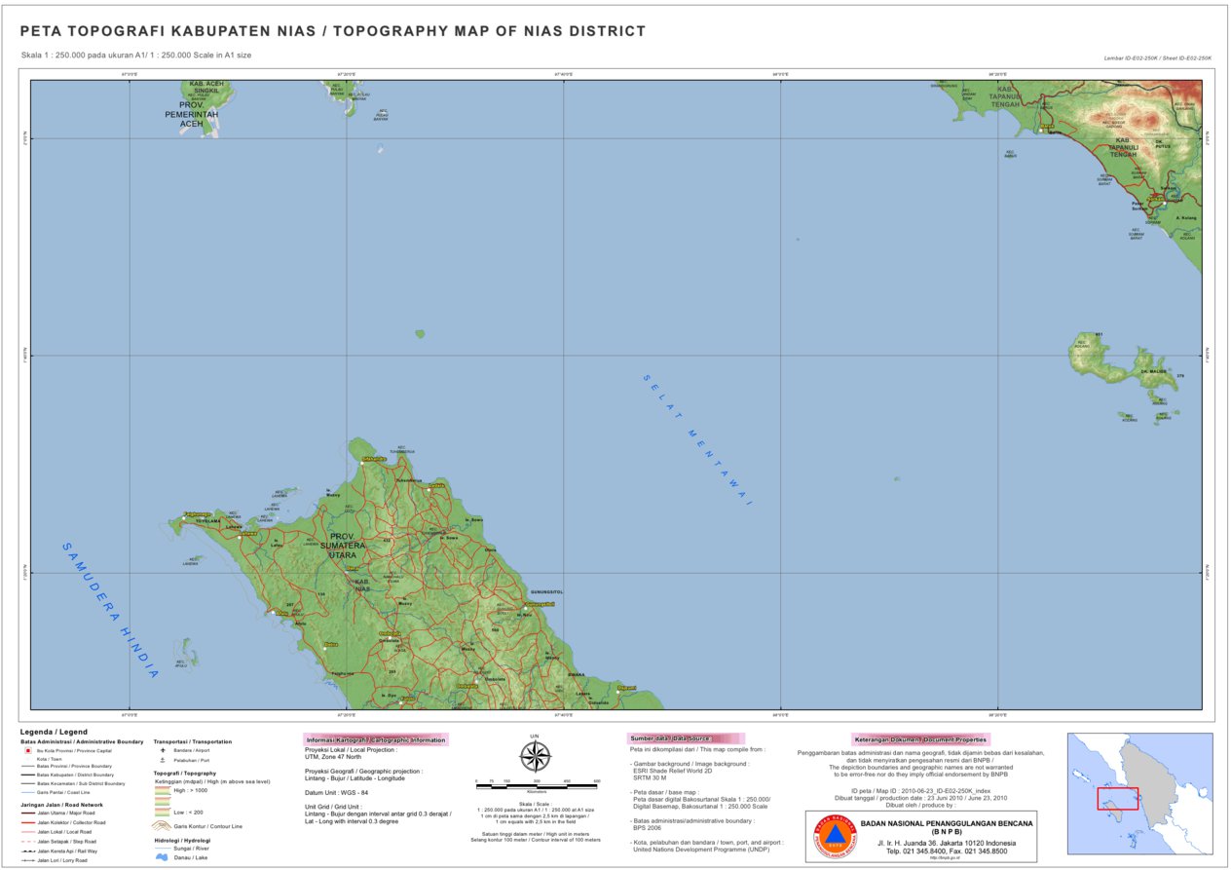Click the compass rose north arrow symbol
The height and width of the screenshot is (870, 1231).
point(535,755)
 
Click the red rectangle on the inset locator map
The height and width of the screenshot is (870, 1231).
point(1117,798)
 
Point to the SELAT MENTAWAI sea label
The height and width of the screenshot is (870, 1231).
point(698,439)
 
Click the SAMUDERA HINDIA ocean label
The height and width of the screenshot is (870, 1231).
point(110,610)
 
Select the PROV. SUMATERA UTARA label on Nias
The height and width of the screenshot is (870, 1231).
point(348,546)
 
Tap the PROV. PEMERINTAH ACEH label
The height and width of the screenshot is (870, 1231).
point(191,114)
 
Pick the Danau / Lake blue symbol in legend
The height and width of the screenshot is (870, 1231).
point(162,857)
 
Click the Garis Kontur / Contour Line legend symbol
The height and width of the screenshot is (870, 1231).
point(162,825)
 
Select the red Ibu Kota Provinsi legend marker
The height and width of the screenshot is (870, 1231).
point(27,751)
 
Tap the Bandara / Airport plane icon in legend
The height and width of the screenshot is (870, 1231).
point(163,751)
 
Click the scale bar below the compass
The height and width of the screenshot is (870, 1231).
point(535,782)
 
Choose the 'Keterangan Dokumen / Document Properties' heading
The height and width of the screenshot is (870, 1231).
point(919,738)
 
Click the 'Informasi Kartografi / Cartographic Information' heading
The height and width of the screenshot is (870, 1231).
point(375,739)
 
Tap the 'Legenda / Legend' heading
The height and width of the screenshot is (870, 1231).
point(54,731)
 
